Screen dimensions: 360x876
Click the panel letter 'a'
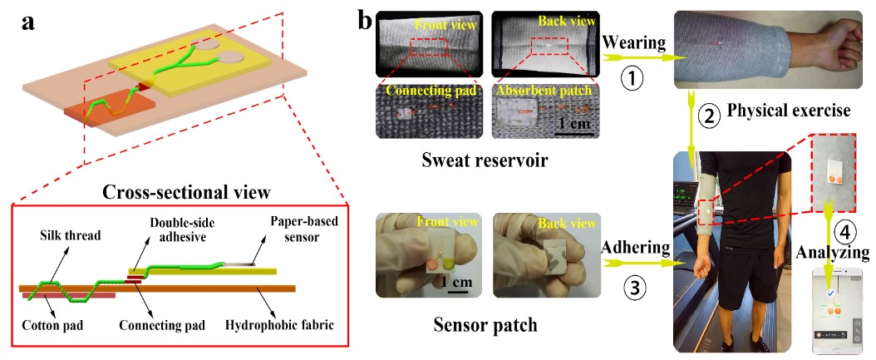tap(27, 22)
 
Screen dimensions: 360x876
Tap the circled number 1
tap(633, 80)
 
